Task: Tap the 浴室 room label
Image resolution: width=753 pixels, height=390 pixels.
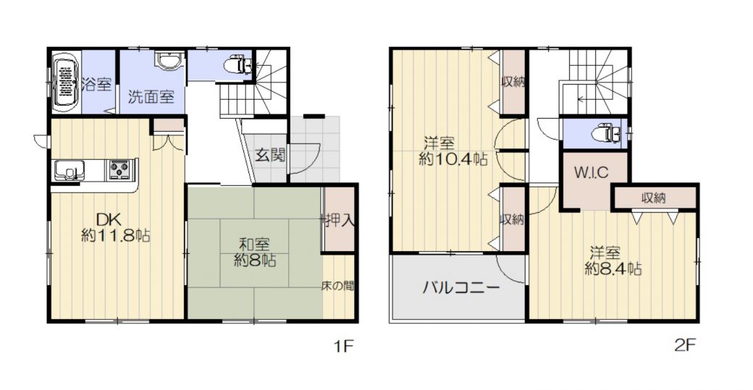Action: (96, 85)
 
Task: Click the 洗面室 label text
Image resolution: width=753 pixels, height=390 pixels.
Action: (151, 97)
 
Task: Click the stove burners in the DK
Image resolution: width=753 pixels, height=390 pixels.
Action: (121, 170)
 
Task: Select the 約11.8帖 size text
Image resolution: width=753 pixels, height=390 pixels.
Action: (116, 236)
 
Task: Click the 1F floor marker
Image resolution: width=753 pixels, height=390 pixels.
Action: (344, 346)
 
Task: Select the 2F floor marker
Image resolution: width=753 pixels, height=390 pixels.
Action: (685, 346)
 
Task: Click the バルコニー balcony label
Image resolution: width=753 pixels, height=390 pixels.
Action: (461, 288)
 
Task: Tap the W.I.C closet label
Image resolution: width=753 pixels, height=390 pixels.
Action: (591, 171)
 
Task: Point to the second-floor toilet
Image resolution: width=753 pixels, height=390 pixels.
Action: (606, 133)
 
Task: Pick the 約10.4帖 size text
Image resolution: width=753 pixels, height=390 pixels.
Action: (453, 158)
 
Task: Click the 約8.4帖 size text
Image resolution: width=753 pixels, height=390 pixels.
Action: (613, 268)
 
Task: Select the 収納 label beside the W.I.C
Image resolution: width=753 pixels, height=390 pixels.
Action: (654, 198)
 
